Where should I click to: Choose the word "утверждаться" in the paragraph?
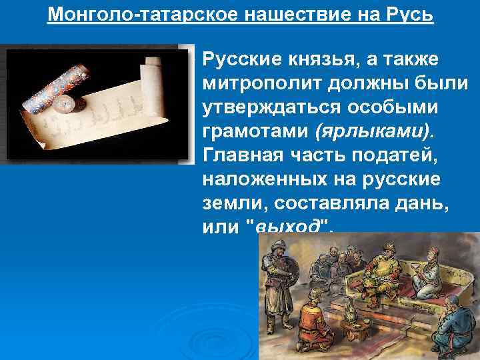tap(268, 108)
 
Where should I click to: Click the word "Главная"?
tap(237, 156)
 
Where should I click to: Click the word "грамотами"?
tap(257, 132)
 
